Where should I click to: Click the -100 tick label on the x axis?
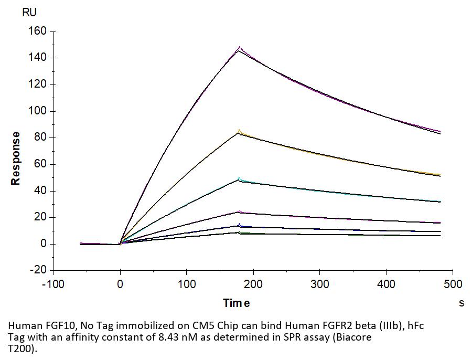[x=53, y=284]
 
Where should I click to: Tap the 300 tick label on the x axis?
[x=320, y=284]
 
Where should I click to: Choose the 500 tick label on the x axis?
[x=453, y=284]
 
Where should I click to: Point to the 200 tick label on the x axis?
[x=253, y=284]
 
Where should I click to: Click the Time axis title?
[x=236, y=303]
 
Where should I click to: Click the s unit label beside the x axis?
[x=462, y=303]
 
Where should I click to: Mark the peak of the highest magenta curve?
[x=240, y=47]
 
